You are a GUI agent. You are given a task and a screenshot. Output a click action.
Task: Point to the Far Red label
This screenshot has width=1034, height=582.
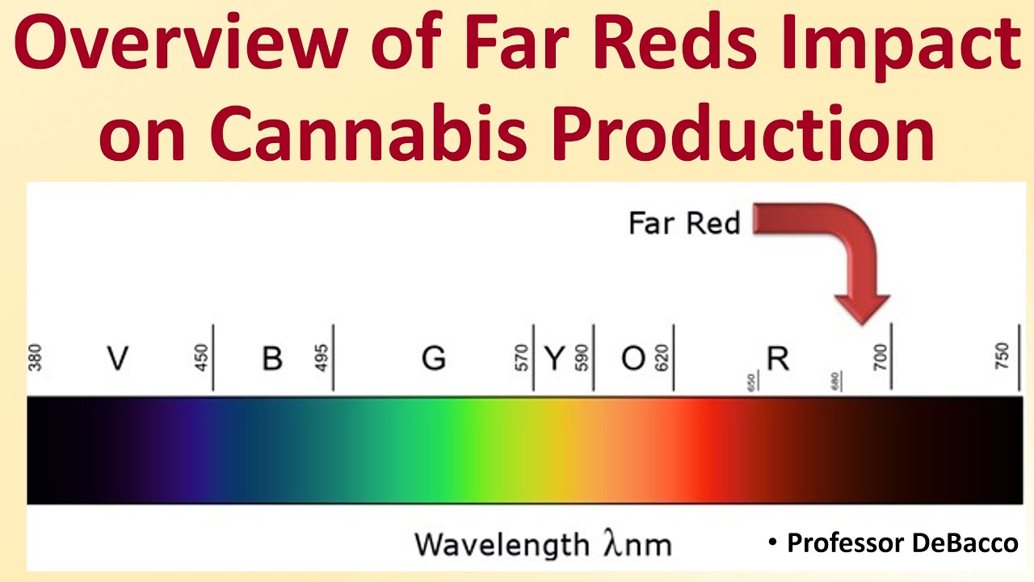pyautogui.click(x=684, y=222)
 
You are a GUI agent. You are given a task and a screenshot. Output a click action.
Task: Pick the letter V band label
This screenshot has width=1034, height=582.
pyautogui.click(x=118, y=357)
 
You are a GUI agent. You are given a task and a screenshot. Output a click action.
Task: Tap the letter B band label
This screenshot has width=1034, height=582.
pyautogui.click(x=272, y=357)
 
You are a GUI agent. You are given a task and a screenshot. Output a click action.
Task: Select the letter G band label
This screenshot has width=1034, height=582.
pyautogui.click(x=434, y=357)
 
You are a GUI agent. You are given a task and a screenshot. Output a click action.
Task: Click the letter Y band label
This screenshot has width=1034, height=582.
pyautogui.click(x=554, y=357)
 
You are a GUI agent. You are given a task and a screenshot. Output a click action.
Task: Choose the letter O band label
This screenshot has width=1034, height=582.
pyautogui.click(x=633, y=357)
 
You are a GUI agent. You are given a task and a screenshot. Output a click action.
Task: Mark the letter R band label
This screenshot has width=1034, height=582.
pyautogui.click(x=777, y=357)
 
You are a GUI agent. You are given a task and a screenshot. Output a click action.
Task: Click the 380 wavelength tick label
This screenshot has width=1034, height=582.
pyautogui.click(x=35, y=357)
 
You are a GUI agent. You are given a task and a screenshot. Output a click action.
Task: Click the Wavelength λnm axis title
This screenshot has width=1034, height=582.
pyautogui.click(x=543, y=543)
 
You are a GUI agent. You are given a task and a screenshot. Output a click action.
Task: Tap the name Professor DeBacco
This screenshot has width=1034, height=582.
pyautogui.click(x=902, y=543)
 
